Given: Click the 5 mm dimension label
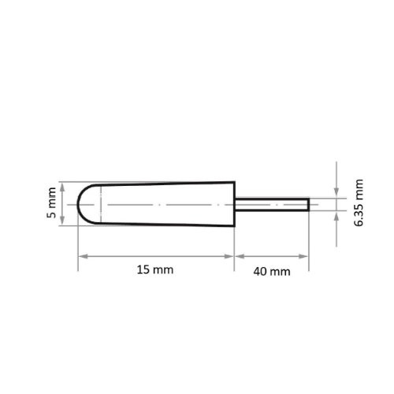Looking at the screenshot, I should point(52,203).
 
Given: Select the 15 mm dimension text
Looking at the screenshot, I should point(154,269).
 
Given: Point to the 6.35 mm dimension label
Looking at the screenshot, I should point(359,203).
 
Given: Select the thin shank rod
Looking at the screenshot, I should point(272,203).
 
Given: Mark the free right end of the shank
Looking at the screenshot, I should point(307,203).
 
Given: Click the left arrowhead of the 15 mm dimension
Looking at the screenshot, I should point(80,256).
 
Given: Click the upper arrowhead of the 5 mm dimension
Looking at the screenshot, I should point(61,185).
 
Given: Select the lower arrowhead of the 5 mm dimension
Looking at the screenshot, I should point(61,222).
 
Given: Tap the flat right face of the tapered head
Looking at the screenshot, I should point(235,203).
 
